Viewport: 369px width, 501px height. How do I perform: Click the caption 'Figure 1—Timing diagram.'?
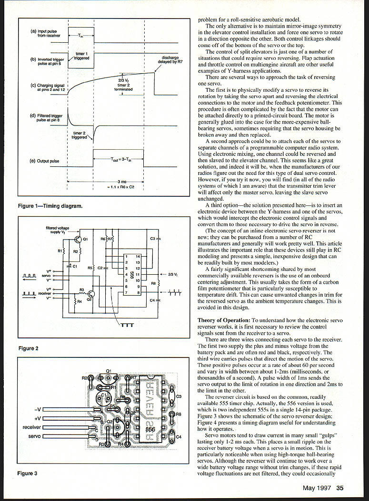tap(50, 206)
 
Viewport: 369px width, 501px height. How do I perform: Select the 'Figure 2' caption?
tap(28, 348)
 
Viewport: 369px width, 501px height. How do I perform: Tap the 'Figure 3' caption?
tap(27, 473)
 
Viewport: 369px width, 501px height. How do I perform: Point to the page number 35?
tap(339, 488)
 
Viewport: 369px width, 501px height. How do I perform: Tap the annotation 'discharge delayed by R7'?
tap(170, 60)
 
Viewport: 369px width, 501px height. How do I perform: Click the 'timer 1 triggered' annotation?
tap(81, 56)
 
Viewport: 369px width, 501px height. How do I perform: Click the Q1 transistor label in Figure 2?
tap(85, 239)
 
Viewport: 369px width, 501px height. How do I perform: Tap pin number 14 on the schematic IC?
tap(138, 256)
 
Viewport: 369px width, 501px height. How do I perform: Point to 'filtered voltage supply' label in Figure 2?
tap(57, 230)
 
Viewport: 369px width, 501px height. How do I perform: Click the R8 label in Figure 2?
tap(153, 283)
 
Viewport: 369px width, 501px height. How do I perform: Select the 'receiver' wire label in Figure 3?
tap(32, 427)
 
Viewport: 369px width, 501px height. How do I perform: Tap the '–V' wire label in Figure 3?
tap(37, 409)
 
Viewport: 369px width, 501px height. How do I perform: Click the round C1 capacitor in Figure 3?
tap(103, 396)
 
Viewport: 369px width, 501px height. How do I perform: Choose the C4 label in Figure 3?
tap(179, 437)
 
